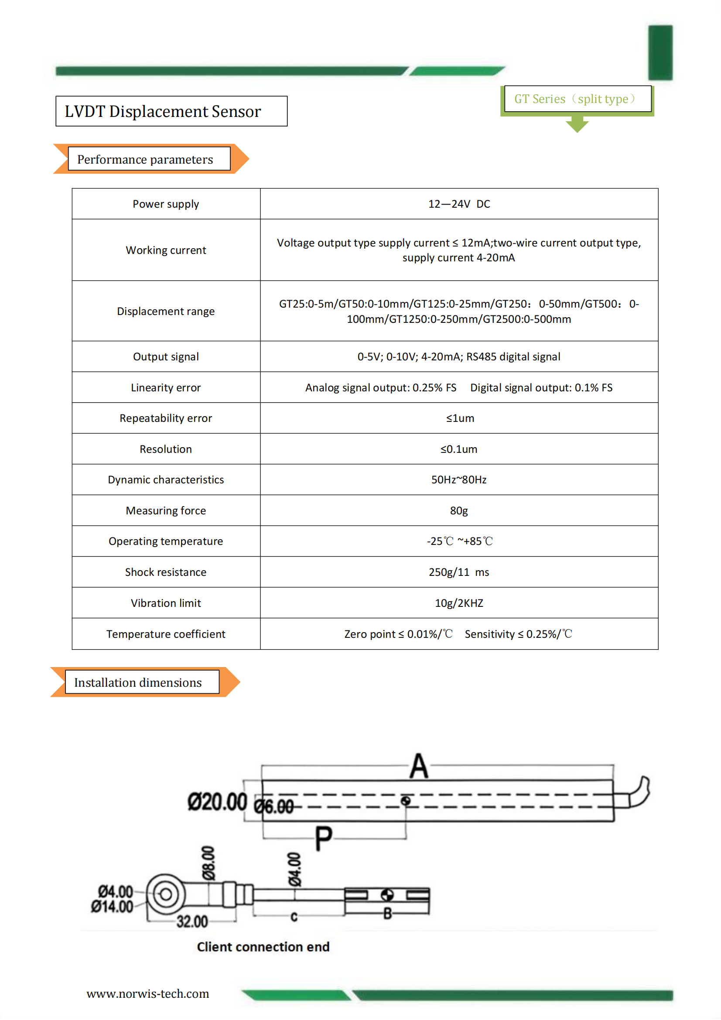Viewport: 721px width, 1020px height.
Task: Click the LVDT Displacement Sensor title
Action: click(x=163, y=112)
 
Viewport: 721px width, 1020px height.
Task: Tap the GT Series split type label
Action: click(x=575, y=99)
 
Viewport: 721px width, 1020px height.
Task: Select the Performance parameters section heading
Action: click(x=145, y=160)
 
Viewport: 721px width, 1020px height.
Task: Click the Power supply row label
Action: click(x=166, y=204)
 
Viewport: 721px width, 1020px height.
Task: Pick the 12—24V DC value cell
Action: click(x=459, y=204)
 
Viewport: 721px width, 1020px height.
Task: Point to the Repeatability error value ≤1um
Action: click(x=460, y=418)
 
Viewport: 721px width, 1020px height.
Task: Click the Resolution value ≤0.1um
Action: click(x=459, y=449)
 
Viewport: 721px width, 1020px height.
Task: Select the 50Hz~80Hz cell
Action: click(x=459, y=480)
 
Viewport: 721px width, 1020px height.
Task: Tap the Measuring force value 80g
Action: click(x=459, y=511)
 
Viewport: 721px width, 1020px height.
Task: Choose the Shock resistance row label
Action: click(x=166, y=572)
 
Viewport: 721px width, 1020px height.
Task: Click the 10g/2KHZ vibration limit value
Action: click(x=459, y=603)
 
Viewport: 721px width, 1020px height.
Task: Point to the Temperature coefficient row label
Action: click(x=166, y=634)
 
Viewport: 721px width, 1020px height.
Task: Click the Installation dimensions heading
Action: click(x=138, y=682)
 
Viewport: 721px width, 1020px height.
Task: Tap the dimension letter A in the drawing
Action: click(x=419, y=767)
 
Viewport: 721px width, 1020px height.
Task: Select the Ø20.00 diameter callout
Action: click(x=217, y=802)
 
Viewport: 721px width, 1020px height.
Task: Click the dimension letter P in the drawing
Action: click(x=323, y=838)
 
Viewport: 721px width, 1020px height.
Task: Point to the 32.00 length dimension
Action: click(x=192, y=922)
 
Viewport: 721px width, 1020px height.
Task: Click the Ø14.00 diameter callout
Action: click(x=112, y=907)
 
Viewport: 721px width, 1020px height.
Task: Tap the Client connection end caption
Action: click(x=263, y=947)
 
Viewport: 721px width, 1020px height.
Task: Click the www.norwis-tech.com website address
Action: click(x=147, y=994)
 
